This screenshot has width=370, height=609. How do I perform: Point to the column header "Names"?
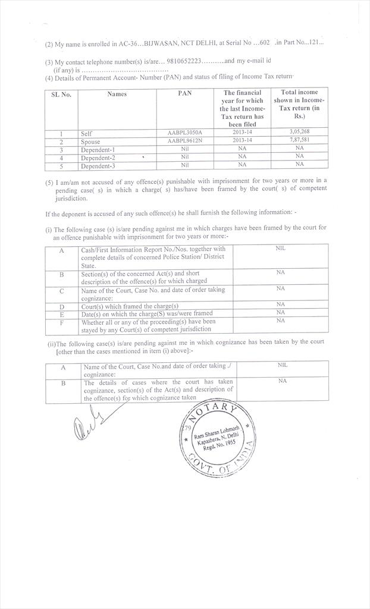coord(117,94)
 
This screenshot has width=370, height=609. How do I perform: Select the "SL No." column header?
coord(61,94)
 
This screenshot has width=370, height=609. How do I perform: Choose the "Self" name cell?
coord(87,134)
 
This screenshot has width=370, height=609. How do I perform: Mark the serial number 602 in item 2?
coord(264,43)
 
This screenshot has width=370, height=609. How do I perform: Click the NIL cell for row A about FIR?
coord(281,248)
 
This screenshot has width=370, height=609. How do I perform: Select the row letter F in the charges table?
coord(62,322)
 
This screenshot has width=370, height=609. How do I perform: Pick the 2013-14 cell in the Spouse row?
coord(242,141)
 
